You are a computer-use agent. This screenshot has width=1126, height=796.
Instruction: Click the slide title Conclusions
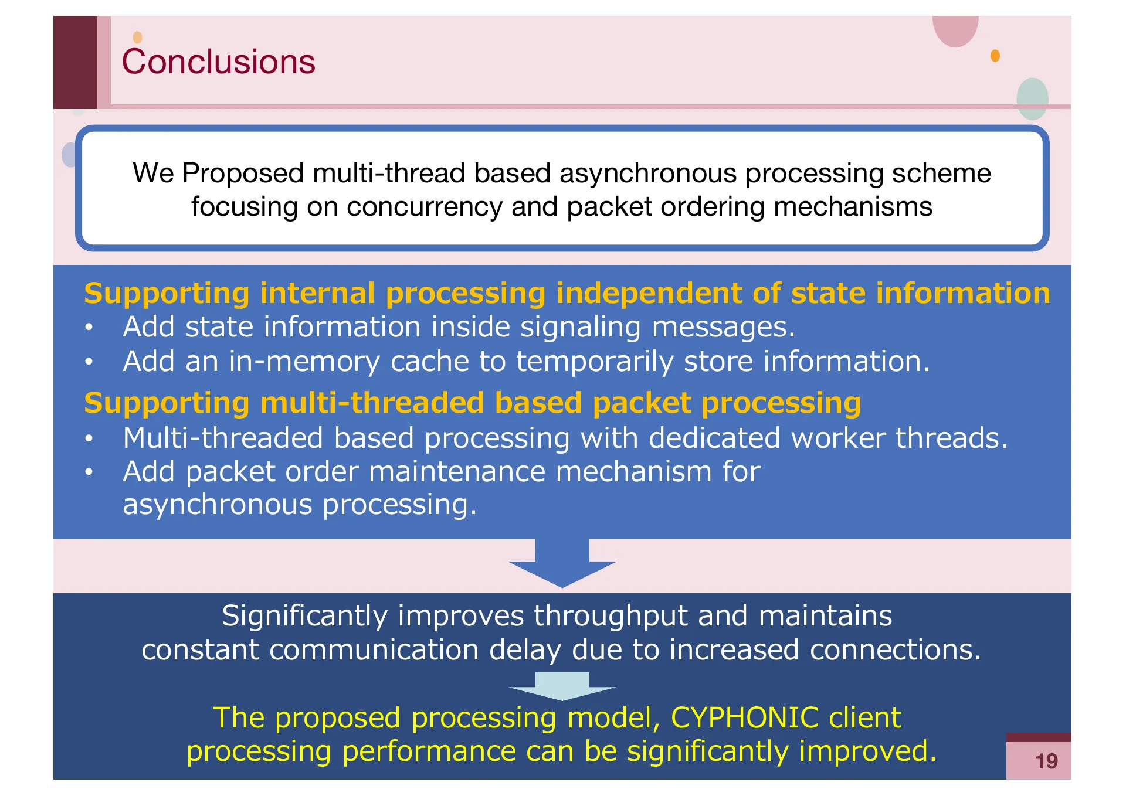pyautogui.click(x=218, y=62)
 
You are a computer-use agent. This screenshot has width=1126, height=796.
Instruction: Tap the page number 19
pyautogui.click(x=1046, y=761)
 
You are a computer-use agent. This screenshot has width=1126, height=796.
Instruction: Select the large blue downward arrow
pyautogui.click(x=562, y=563)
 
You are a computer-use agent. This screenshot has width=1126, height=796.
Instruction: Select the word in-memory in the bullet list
pyautogui.click(x=304, y=362)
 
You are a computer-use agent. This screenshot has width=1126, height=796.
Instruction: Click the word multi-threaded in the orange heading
pyautogui.click(x=372, y=403)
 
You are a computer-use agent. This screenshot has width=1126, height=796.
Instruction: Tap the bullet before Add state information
pyautogui.click(x=89, y=328)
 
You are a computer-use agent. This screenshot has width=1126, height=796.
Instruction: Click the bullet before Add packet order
pyautogui.click(x=89, y=472)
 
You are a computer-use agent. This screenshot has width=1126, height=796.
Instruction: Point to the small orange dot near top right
pyautogui.click(x=995, y=56)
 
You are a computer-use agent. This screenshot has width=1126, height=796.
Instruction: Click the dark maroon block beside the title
pyautogui.click(x=75, y=62)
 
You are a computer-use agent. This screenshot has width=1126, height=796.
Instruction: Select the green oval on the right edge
pyautogui.click(x=1032, y=98)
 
